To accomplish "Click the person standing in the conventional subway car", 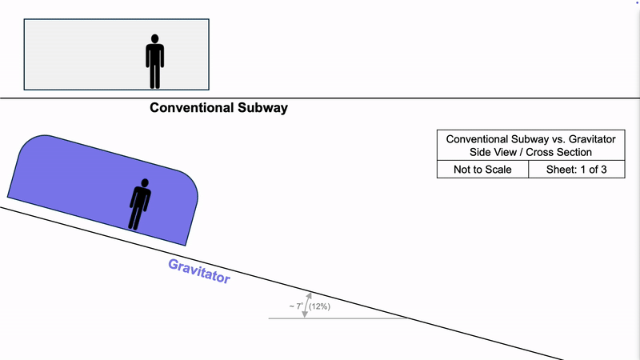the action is [x=154, y=61].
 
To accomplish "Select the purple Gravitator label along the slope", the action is [x=199, y=272].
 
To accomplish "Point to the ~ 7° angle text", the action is [x=295, y=306].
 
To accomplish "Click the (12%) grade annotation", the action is [x=320, y=306].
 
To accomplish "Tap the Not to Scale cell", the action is [x=482, y=169].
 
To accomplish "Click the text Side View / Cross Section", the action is [x=530, y=152].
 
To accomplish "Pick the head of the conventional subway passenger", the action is [x=154, y=39].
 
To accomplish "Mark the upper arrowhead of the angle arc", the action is [x=309, y=295].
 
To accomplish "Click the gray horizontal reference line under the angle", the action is [x=352, y=318].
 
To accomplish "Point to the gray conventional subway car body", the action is [x=80, y=54].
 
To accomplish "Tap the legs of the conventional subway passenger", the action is [x=154, y=77].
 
